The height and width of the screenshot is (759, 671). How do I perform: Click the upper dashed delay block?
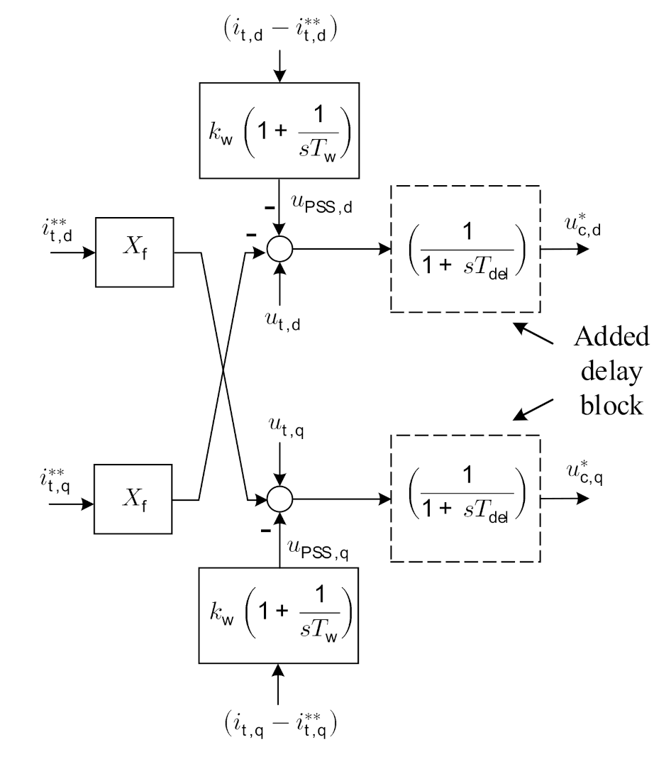click(465, 250)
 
